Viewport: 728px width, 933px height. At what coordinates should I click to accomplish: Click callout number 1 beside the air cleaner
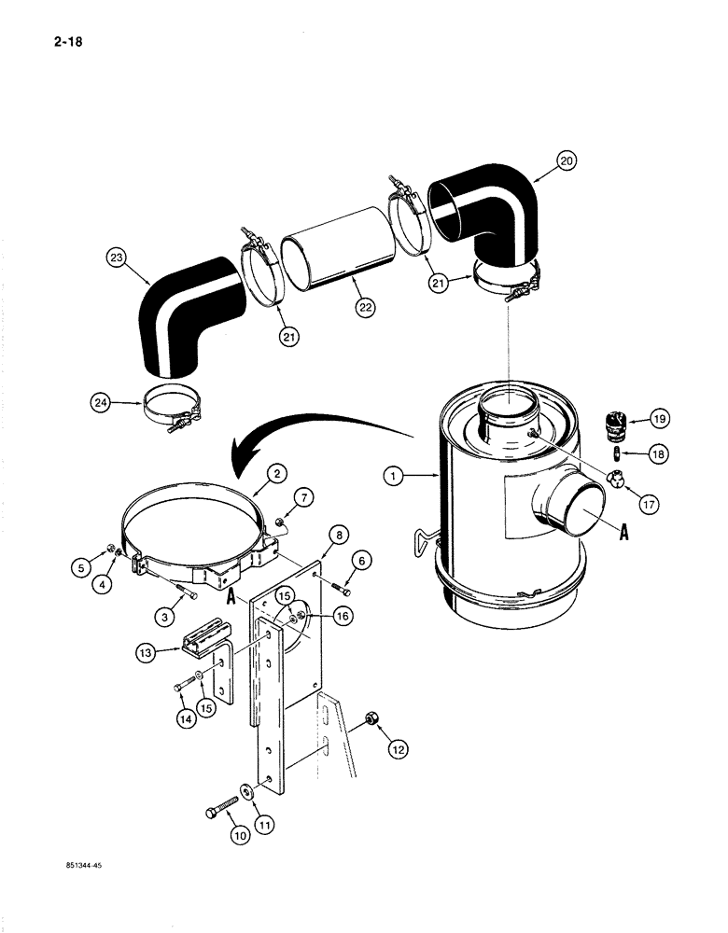click(395, 476)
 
